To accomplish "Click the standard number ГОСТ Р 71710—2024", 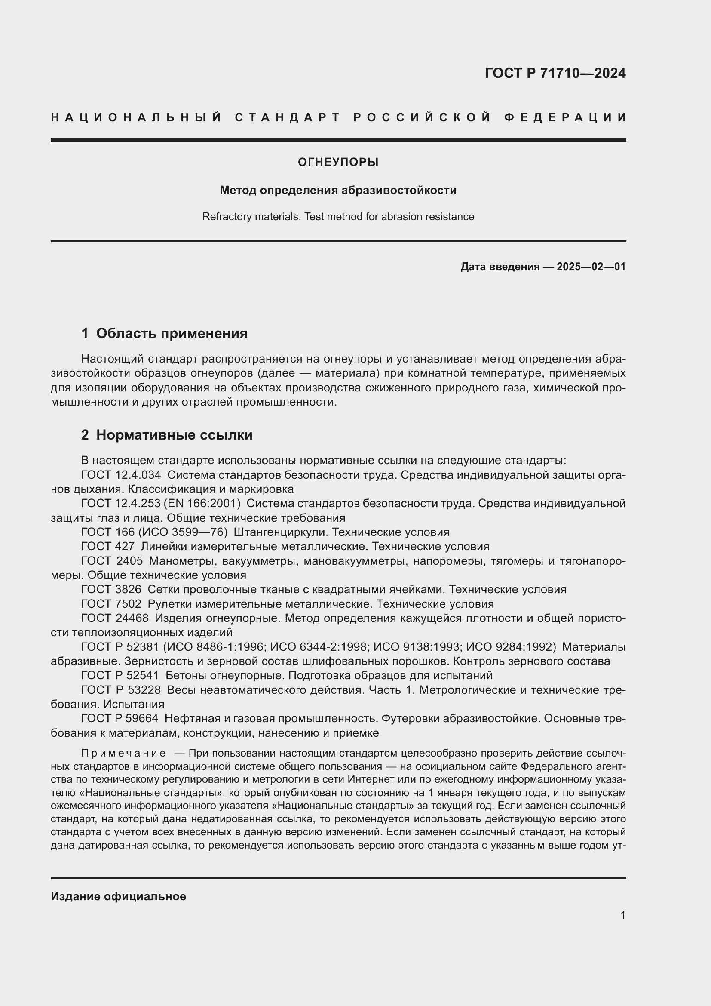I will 555,73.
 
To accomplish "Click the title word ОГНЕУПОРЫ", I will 338,163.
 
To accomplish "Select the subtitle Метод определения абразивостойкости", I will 338,190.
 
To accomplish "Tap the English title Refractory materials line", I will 338,217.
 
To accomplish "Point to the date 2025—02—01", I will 591,266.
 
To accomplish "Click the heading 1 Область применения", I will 164,333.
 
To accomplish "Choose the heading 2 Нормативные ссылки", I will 167,435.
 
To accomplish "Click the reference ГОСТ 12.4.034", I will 121,474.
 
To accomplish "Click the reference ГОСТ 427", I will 108,546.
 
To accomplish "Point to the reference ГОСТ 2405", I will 112,561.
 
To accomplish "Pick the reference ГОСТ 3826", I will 111,589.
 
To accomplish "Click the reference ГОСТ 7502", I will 111,604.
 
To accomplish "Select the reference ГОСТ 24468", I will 115,618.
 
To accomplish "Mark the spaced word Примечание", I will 123,753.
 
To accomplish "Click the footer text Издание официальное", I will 118,896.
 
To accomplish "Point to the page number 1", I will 623,915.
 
